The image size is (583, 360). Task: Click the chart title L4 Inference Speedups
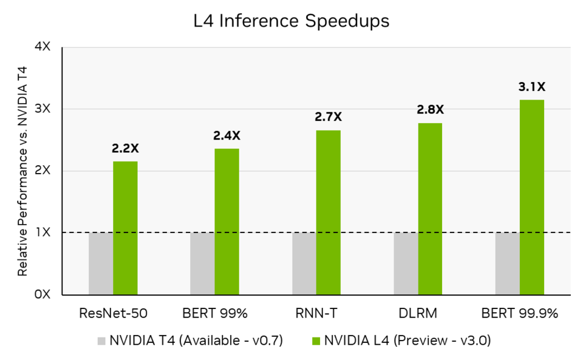pyautogui.click(x=291, y=21)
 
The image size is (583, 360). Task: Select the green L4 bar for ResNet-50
pyautogui.click(x=126, y=228)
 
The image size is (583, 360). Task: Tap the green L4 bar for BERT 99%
pyautogui.click(x=227, y=222)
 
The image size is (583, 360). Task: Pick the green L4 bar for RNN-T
pyautogui.click(x=329, y=212)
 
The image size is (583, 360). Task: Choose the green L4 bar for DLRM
pyautogui.click(x=430, y=209)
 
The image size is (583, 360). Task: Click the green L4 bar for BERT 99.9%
pyautogui.click(x=532, y=197)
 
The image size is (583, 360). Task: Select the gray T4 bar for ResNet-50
pyautogui.click(x=101, y=263)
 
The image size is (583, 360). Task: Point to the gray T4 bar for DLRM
pyautogui.click(x=406, y=263)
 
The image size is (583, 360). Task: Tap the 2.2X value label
pyautogui.click(x=125, y=148)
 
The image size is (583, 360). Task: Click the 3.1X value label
pyautogui.click(x=531, y=87)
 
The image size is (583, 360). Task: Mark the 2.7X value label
pyautogui.click(x=329, y=117)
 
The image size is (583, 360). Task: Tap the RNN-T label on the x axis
pyautogui.click(x=316, y=314)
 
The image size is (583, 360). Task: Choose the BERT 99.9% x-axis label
pyautogui.click(x=519, y=314)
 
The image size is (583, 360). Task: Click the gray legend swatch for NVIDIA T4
pyautogui.click(x=101, y=341)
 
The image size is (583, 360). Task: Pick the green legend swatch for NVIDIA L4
pyautogui.click(x=315, y=341)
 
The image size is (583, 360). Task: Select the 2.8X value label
pyautogui.click(x=430, y=110)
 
